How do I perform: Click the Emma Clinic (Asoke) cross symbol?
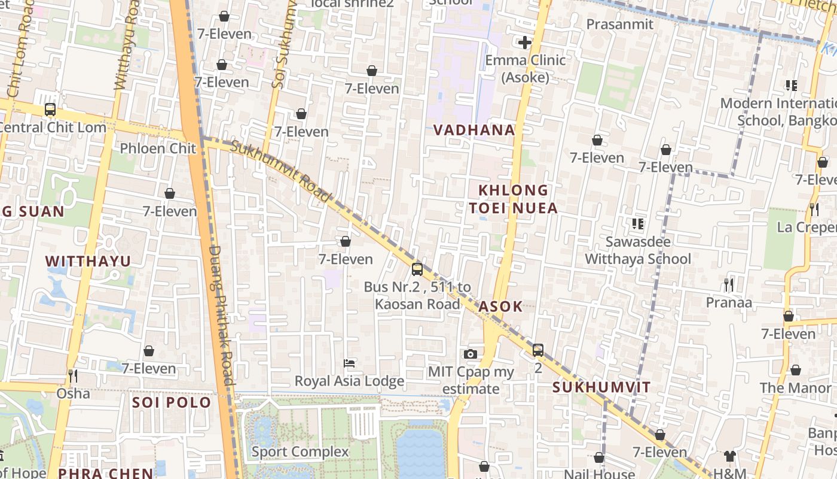coord(525,43)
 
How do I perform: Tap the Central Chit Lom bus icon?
coord(50,110)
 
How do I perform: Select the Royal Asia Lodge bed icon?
coord(349,363)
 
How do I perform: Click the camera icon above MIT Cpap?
coord(471,354)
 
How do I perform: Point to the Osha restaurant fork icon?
coord(73,376)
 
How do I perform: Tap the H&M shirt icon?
coord(729,456)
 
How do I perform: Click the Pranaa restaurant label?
coord(729,302)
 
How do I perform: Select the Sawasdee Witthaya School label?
coord(638,250)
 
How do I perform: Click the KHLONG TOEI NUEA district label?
coord(513,199)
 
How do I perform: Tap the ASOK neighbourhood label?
coord(501,307)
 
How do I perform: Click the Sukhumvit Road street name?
coord(280,171)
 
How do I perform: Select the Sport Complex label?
coord(300,451)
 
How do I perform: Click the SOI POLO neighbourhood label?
coord(172,402)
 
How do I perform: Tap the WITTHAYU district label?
coord(88,261)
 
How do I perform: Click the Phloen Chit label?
coord(158,148)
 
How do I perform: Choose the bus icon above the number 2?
coord(538,350)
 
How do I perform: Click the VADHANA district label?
coord(474,130)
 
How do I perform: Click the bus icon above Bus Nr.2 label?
coord(417,269)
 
